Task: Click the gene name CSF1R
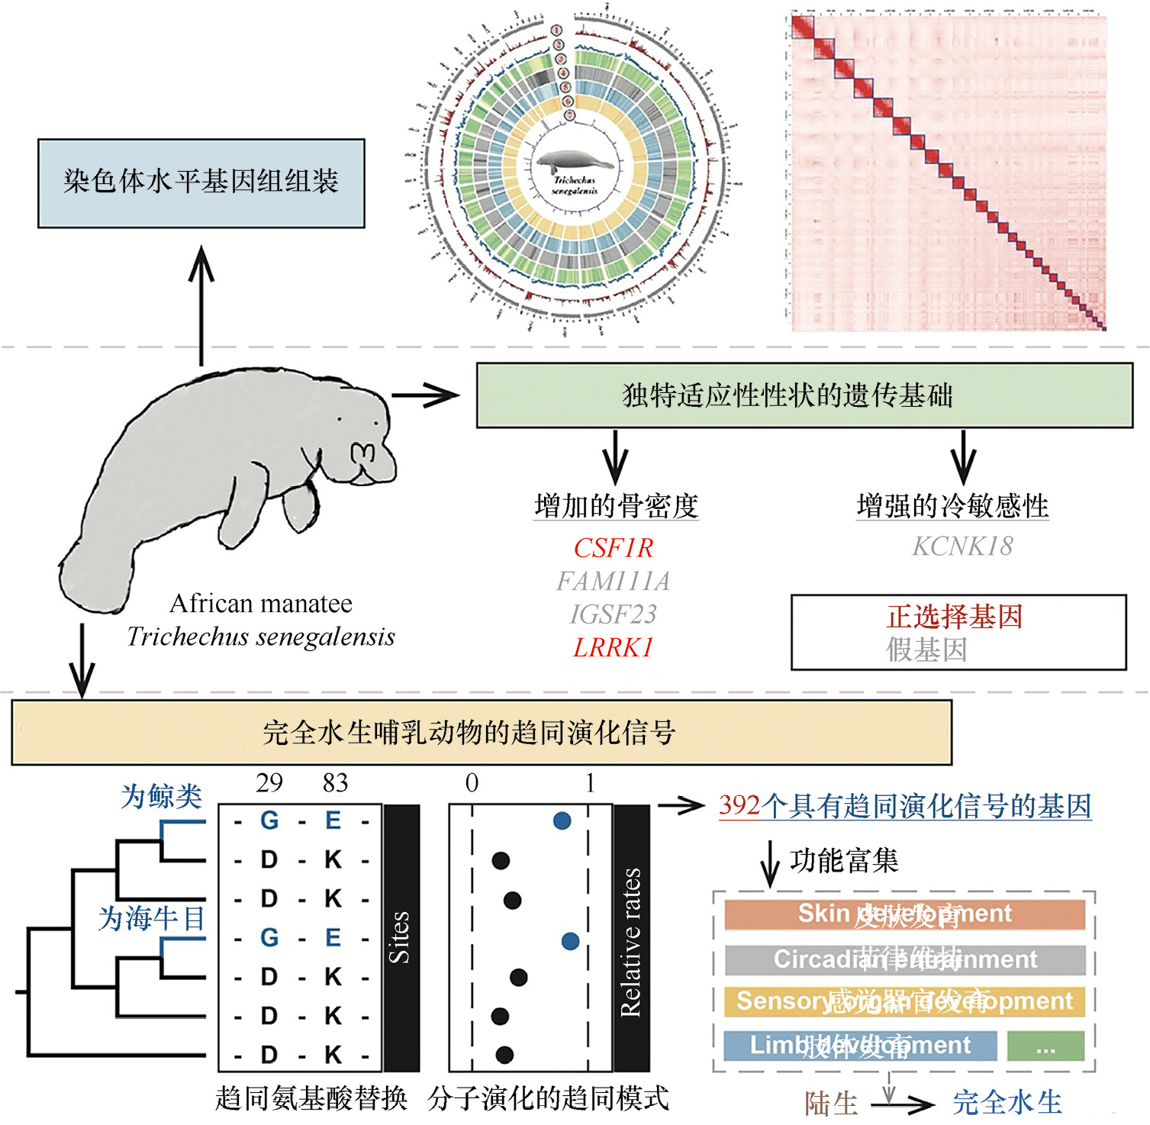click(x=614, y=548)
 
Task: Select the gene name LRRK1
click(x=614, y=648)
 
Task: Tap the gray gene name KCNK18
click(x=962, y=546)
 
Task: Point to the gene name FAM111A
click(x=614, y=582)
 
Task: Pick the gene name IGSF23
click(x=614, y=614)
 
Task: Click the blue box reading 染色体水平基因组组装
click(x=201, y=183)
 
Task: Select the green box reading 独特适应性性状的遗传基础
click(x=804, y=395)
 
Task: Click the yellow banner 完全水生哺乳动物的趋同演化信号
click(x=482, y=733)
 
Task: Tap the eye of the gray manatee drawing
click(x=340, y=419)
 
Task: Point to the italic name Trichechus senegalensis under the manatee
click(x=261, y=637)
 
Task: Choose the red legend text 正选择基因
click(x=955, y=617)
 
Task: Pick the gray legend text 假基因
click(x=926, y=650)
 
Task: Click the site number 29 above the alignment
click(x=269, y=783)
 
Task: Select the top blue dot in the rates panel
click(x=562, y=821)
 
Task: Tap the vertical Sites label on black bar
click(x=401, y=937)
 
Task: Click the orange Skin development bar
click(x=904, y=914)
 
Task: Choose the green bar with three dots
click(x=1045, y=1046)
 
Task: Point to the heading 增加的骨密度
click(x=617, y=506)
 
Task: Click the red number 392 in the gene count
click(x=739, y=807)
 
